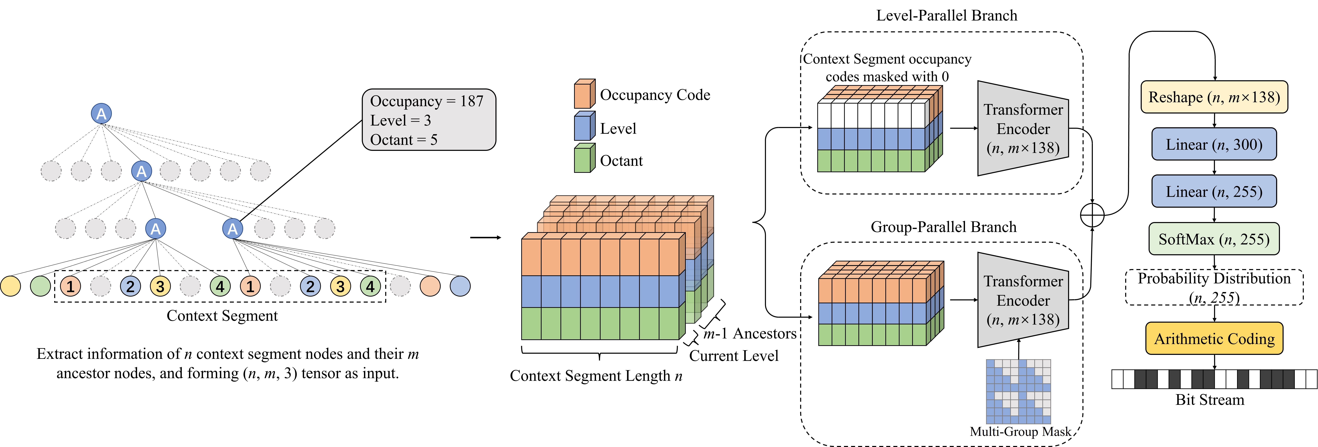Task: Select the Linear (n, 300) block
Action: pyautogui.click(x=1214, y=144)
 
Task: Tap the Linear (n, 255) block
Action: pyautogui.click(x=1214, y=192)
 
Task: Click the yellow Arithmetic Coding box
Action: pyautogui.click(x=1214, y=338)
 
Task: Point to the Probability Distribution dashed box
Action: pyautogui.click(x=1214, y=287)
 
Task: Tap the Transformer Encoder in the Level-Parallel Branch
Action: pyautogui.click(x=1022, y=128)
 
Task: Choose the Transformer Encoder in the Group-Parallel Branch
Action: pyautogui.click(x=1022, y=300)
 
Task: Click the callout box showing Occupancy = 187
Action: pyautogui.click(x=429, y=120)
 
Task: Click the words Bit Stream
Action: pyautogui.click(x=1210, y=400)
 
